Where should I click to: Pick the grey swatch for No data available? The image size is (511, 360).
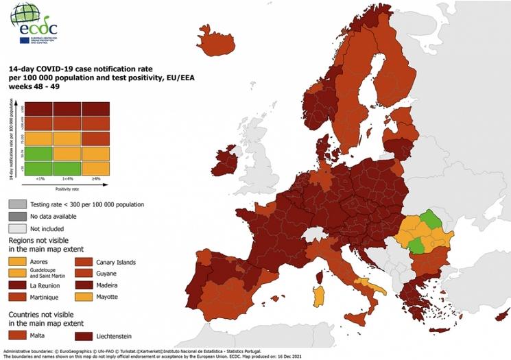pos(19,216)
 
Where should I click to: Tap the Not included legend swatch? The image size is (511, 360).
pos(19,228)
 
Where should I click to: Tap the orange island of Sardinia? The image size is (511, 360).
pos(318,297)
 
